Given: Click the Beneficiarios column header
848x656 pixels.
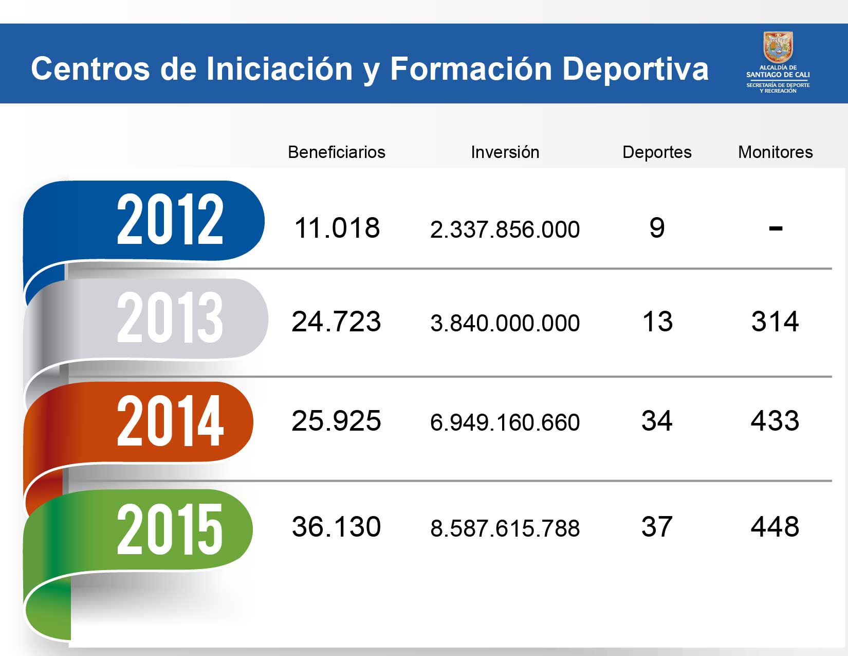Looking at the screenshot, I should (336, 152).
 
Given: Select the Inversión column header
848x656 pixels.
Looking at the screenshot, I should (505, 152).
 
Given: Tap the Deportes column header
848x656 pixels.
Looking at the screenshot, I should (656, 152).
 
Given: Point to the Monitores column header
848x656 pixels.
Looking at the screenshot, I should (775, 152).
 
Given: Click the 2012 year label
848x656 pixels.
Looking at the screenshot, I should (170, 220).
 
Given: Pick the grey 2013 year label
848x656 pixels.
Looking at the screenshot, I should (170, 317).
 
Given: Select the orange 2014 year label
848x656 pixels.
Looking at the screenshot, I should (170, 421).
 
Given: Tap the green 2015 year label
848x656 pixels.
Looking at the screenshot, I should (170, 529).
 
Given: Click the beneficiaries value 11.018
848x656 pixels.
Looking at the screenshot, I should (337, 228).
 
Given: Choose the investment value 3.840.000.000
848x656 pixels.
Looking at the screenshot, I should (505, 323).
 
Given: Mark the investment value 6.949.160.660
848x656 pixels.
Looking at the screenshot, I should (505, 422).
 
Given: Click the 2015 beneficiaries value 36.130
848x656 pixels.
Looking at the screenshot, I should (336, 527).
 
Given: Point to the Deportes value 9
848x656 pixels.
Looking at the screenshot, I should (657, 228).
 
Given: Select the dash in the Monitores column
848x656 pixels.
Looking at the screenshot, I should (775, 228).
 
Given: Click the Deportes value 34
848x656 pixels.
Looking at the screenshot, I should (657, 421).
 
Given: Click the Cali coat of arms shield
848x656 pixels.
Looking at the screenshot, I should (778, 47).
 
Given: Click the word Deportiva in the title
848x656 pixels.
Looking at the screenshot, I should (635, 69).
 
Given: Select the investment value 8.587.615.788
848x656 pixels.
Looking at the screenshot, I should (505, 528).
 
